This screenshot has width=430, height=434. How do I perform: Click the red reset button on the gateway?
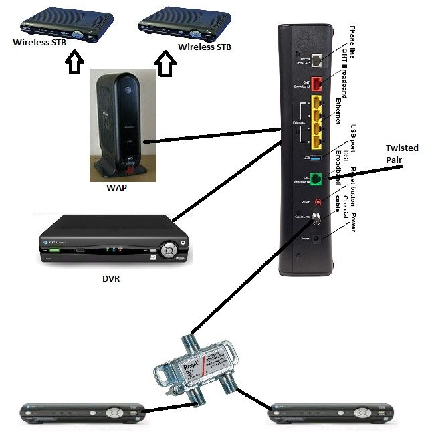[x=318, y=201]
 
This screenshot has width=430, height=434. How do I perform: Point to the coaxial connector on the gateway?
[x=317, y=218]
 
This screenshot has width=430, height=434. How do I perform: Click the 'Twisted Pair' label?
[x=402, y=154]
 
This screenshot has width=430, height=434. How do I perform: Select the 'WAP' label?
[x=116, y=188]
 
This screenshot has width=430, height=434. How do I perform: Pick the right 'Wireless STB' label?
[x=205, y=47]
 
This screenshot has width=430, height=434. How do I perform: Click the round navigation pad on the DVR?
[x=171, y=251]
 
